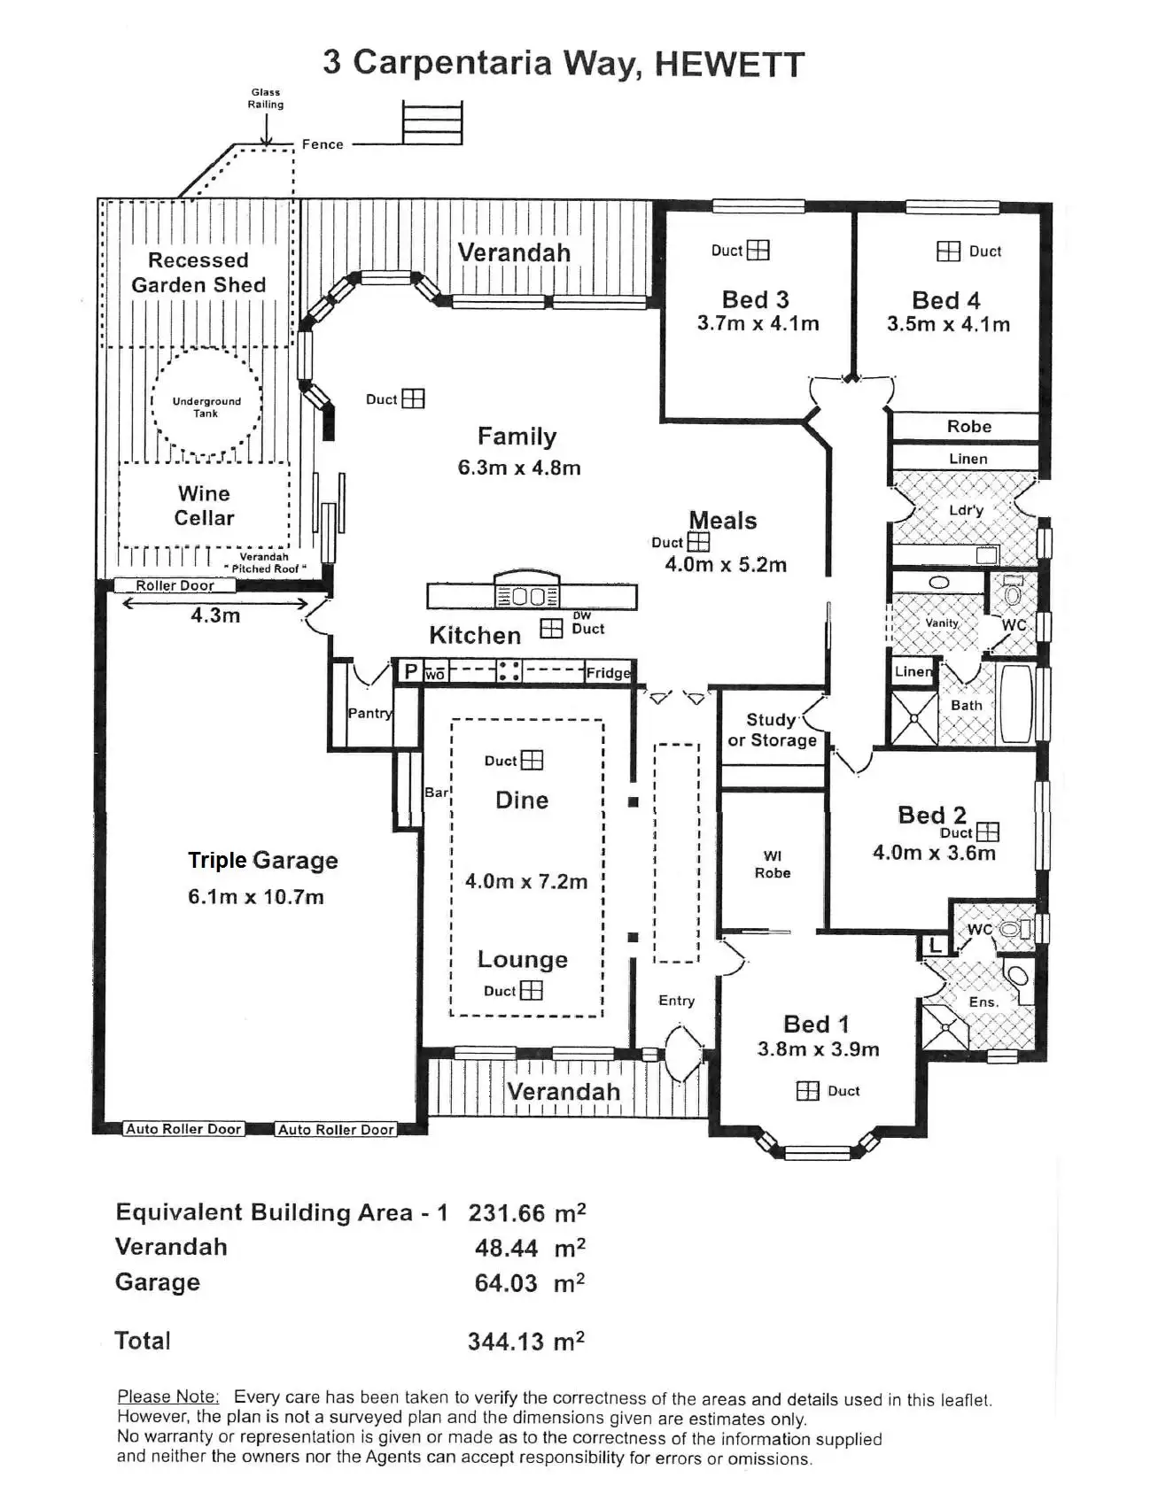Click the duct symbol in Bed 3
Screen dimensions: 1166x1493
click(x=758, y=251)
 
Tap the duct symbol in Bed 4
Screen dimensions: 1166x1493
click(x=948, y=251)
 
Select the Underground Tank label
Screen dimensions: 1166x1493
click(x=206, y=407)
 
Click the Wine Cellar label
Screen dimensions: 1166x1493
click(x=204, y=506)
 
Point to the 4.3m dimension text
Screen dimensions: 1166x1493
click(x=215, y=615)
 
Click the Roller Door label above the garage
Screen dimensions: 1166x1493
click(x=175, y=585)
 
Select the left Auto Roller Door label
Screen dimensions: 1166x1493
click(x=183, y=1129)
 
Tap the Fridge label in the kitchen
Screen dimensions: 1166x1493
click(x=609, y=673)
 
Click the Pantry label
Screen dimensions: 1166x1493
click(x=369, y=713)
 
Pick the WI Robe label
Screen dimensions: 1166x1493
click(x=773, y=864)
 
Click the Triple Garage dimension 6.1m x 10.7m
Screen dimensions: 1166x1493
click(x=255, y=897)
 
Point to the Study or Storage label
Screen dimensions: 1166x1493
click(x=772, y=731)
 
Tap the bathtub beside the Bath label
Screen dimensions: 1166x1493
click(x=1015, y=704)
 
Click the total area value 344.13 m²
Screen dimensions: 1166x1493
click(x=526, y=1342)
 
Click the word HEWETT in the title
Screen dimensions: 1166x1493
click(x=729, y=64)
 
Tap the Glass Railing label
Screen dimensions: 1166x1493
click(x=266, y=98)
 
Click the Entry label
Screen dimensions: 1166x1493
click(x=676, y=1001)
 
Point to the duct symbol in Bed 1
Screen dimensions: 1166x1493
click(x=807, y=1091)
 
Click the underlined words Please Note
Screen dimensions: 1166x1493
click(x=168, y=1396)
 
